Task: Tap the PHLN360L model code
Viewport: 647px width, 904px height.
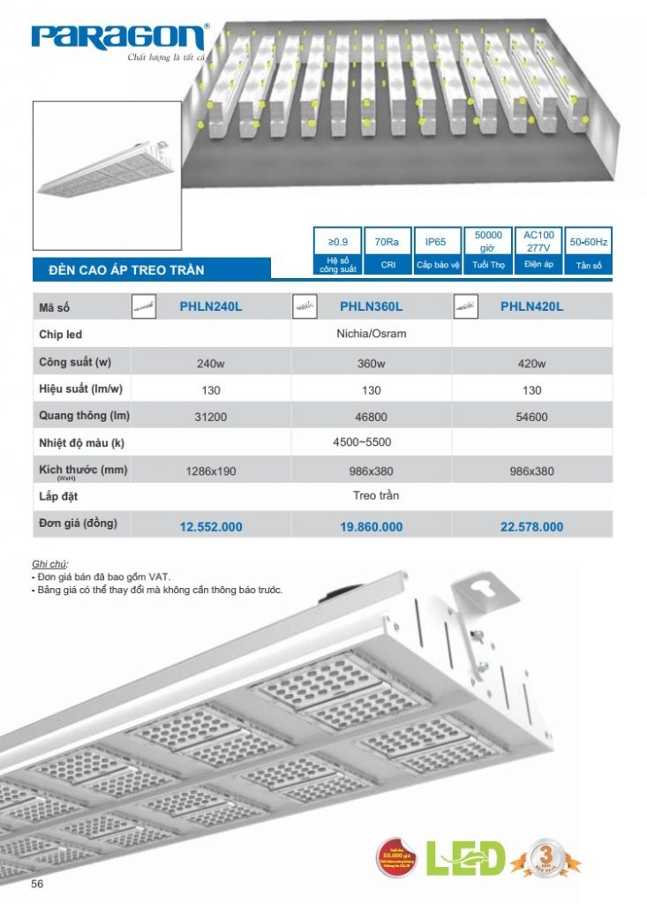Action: (x=371, y=306)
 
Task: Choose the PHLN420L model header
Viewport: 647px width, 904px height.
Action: (x=531, y=306)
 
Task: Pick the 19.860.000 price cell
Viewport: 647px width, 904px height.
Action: (x=371, y=527)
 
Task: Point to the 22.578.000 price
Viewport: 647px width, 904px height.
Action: (x=531, y=527)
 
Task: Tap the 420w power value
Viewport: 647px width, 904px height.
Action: (x=531, y=364)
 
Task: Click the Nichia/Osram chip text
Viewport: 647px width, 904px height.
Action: (x=371, y=334)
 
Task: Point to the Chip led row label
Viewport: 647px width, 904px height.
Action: (x=61, y=335)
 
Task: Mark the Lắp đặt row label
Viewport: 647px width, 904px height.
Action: (x=58, y=496)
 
